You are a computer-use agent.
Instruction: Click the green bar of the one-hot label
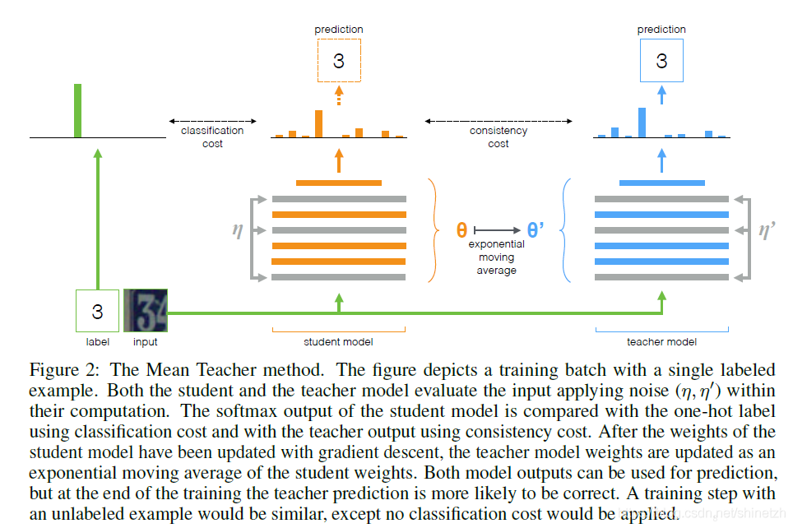pos(78,110)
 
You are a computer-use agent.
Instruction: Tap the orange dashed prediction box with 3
pos(338,61)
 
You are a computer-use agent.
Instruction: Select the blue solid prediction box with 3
pos(661,61)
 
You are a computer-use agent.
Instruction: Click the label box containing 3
pos(97,311)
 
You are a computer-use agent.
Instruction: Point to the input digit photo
pos(145,310)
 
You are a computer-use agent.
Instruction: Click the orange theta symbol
pos(461,230)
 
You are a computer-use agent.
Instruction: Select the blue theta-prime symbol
pos(536,230)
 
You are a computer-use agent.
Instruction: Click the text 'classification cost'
pos(212,137)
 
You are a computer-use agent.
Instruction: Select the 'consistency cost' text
pos(499,137)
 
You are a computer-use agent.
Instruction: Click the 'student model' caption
pos(338,341)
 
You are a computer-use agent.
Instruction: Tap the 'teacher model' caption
pos(661,341)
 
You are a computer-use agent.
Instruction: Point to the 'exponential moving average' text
pos(496,257)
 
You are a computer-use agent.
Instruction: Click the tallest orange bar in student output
pos(318,123)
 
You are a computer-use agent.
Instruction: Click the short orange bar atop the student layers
pos(338,183)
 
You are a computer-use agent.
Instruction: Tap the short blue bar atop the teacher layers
pos(661,183)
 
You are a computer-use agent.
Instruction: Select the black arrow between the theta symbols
pos(499,230)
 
